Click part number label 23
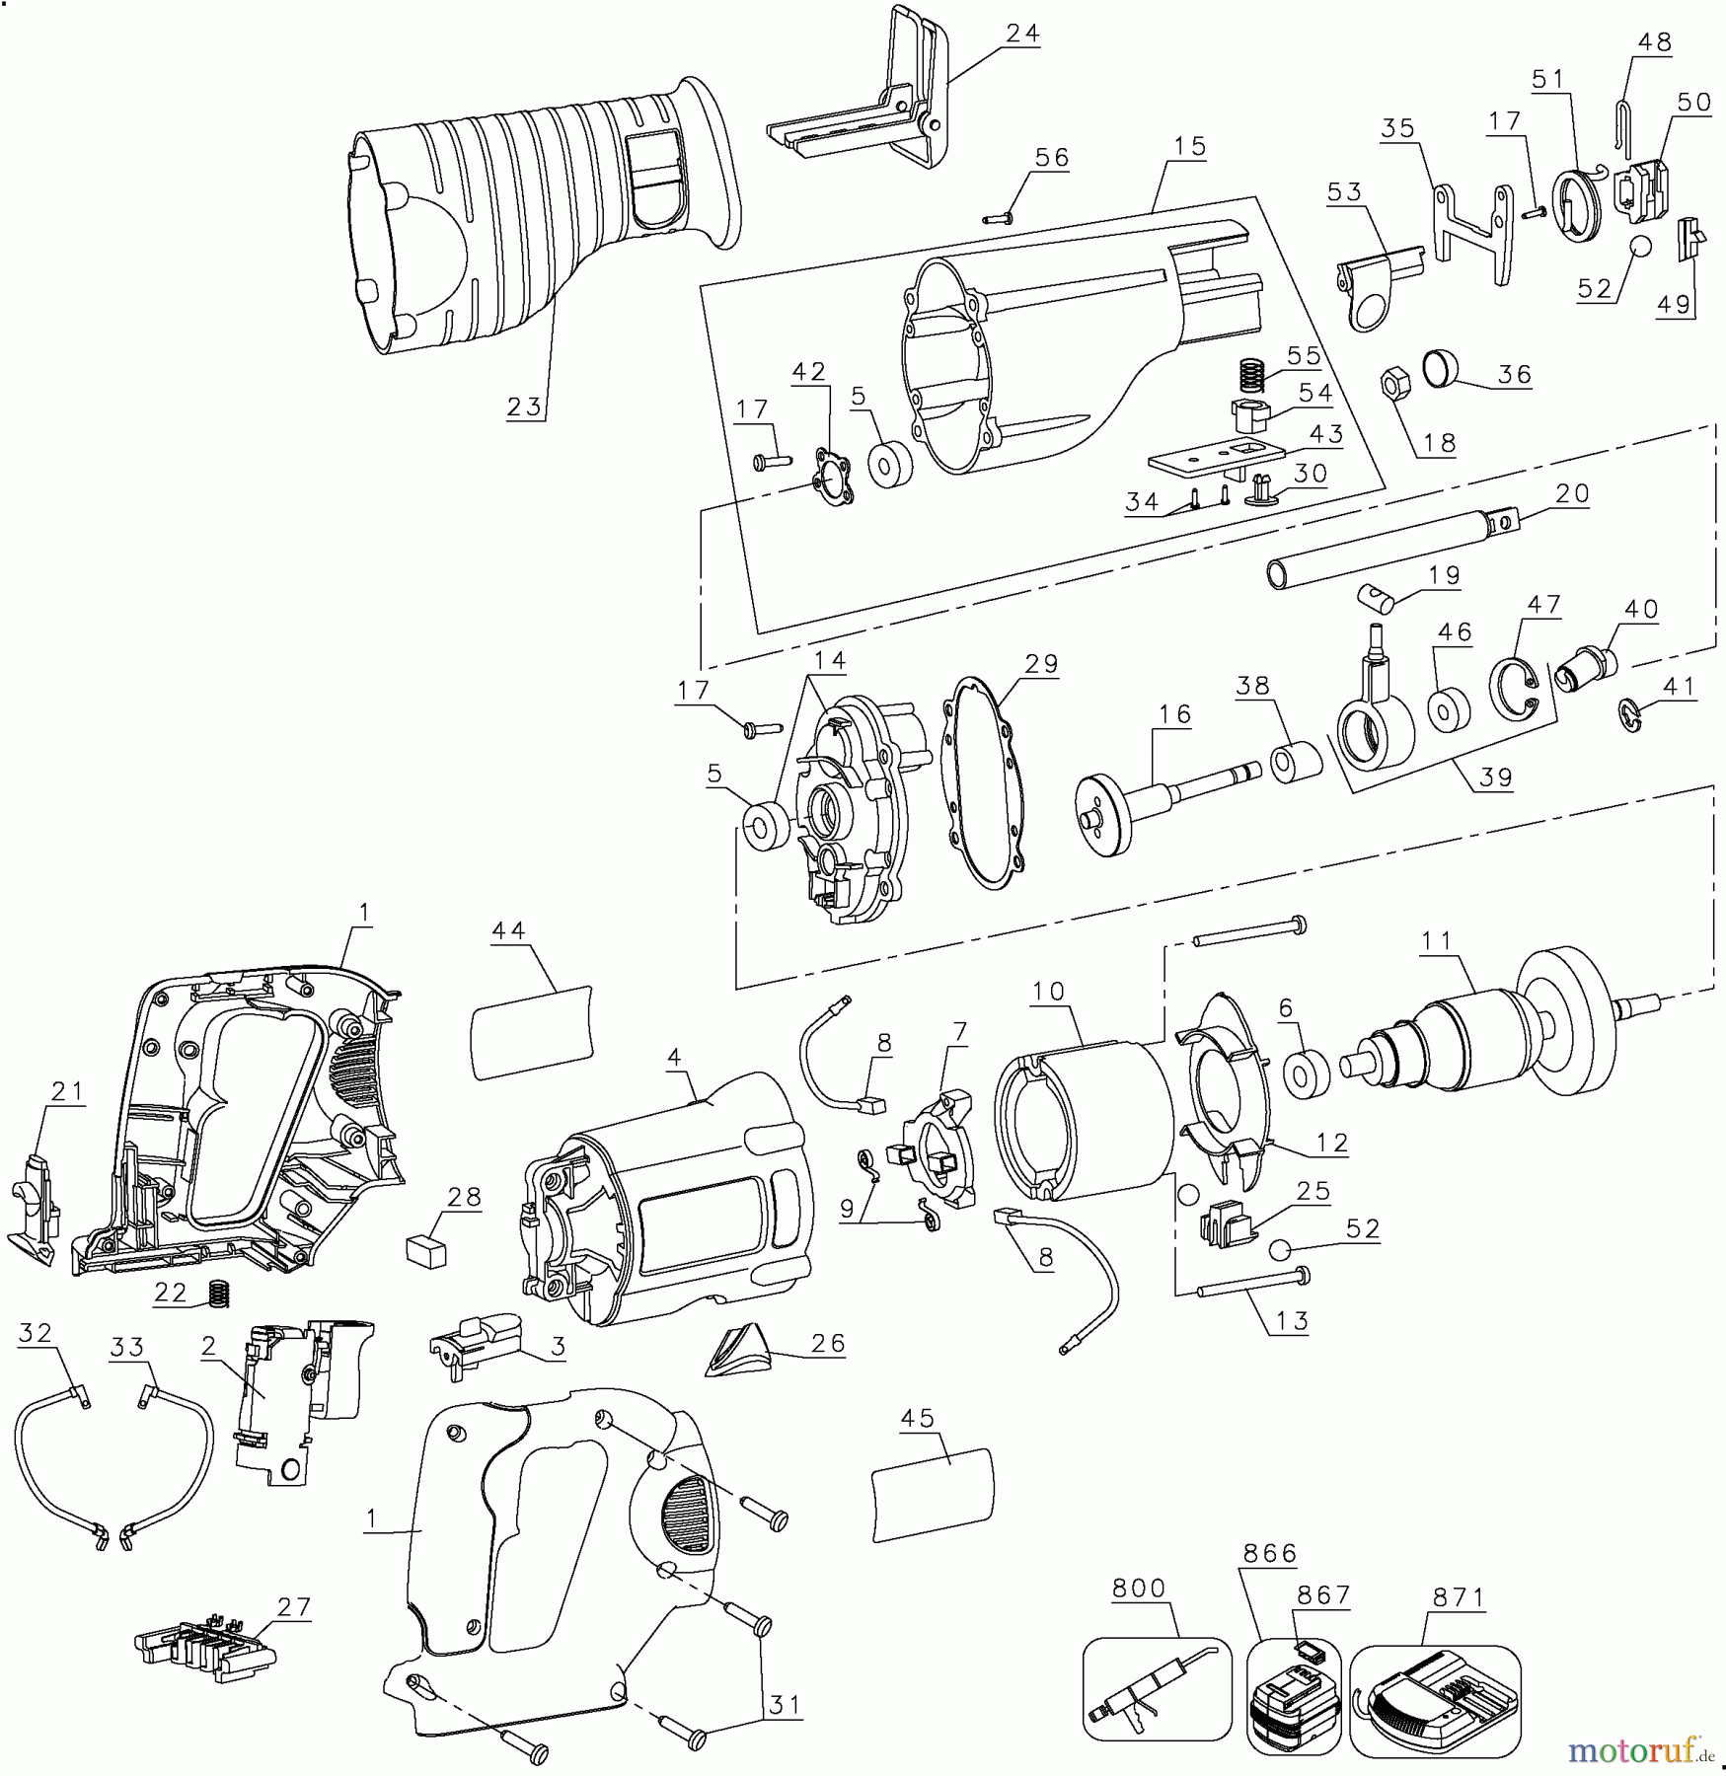pyautogui.click(x=525, y=407)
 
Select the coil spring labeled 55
pyautogui.click(x=1251, y=375)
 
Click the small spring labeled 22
pyautogui.click(x=218, y=1293)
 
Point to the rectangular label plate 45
pyautogui.click(x=932, y=1494)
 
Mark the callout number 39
pyautogui.click(x=1496, y=777)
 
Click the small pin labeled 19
pyautogui.click(x=1374, y=598)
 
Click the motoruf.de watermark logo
pyautogui.click(x=1642, y=1749)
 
